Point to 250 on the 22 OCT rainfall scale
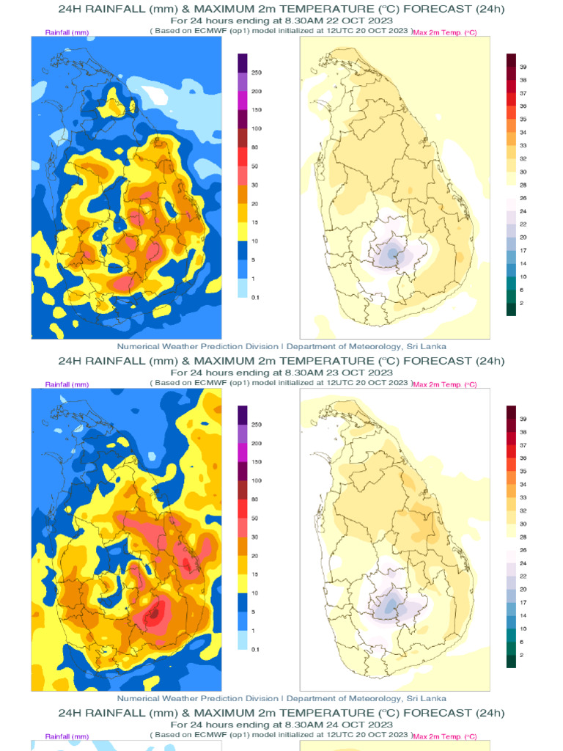click(x=257, y=73)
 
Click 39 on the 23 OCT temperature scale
click(x=523, y=419)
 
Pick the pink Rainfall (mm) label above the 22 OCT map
click(x=67, y=33)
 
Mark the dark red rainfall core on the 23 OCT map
click(x=153, y=615)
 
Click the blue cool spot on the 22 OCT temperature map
click(x=392, y=254)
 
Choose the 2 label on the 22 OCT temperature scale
click(x=521, y=303)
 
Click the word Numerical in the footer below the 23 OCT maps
click(x=139, y=698)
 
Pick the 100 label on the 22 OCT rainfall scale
click(x=257, y=128)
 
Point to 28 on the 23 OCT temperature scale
click(x=523, y=537)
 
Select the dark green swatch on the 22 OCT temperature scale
click(x=511, y=309)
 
